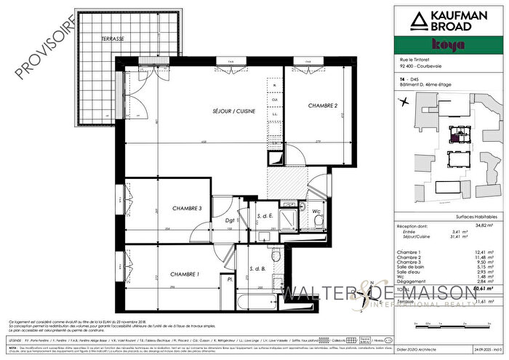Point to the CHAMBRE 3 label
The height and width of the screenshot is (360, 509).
pos(188,209)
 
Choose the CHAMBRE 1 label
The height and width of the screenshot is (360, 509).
pos(185,274)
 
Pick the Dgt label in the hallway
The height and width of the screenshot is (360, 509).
pos(228,220)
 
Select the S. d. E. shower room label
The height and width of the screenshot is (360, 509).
pos(265,216)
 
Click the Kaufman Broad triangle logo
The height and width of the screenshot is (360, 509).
pos(420,21)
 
